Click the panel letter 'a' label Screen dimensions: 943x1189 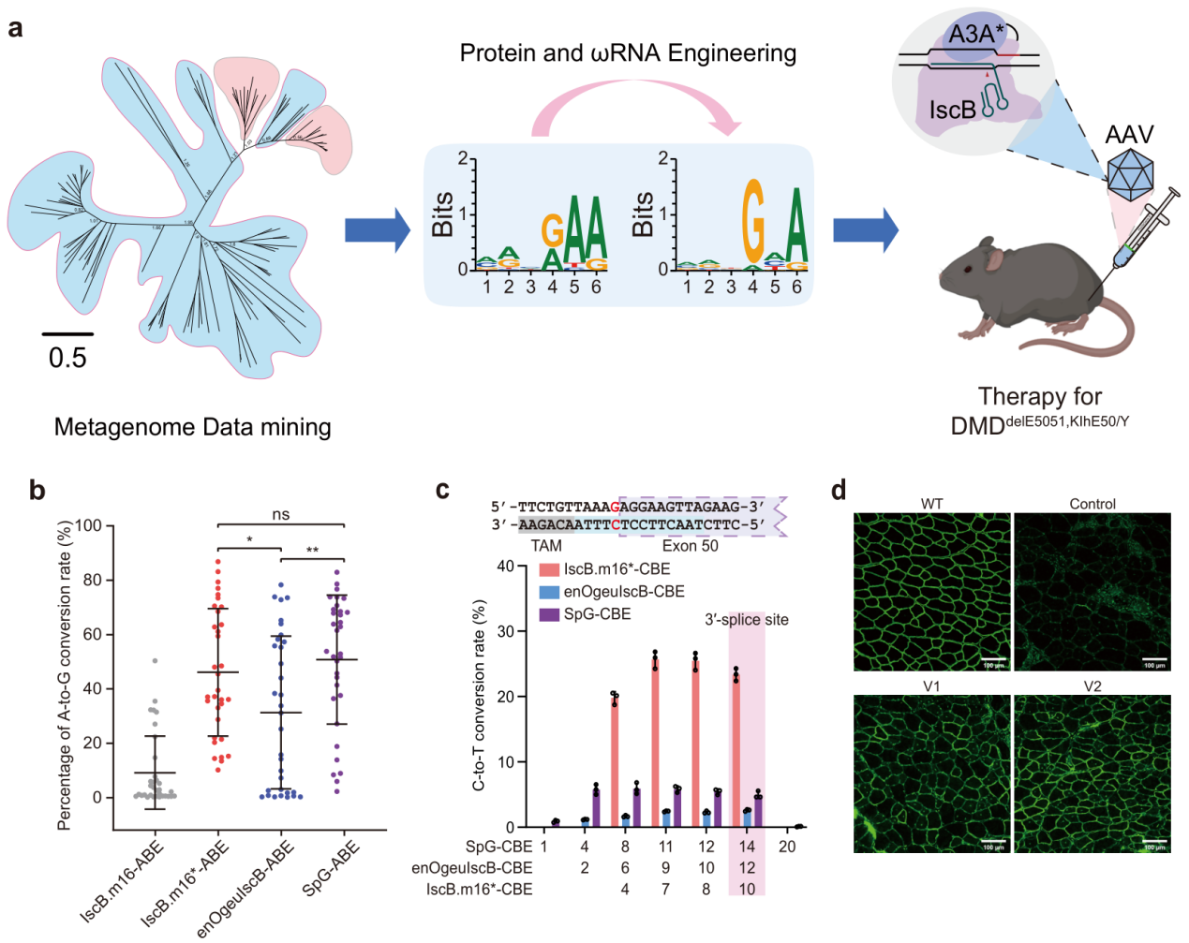16,29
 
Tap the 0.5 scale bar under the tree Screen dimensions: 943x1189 67,333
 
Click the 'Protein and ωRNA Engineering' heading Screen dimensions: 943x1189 628,53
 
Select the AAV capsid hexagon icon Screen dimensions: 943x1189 1130,174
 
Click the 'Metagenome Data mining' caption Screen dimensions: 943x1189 192,427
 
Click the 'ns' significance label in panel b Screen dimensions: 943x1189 281,514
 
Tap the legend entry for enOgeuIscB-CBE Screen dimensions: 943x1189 623,592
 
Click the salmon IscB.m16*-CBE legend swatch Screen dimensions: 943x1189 549,569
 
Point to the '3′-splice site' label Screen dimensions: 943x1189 747,620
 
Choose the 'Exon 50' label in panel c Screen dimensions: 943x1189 690,546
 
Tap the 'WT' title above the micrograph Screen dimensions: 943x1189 931,504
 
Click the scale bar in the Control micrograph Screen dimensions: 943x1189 1154,659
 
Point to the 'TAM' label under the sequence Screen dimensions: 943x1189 546,546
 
